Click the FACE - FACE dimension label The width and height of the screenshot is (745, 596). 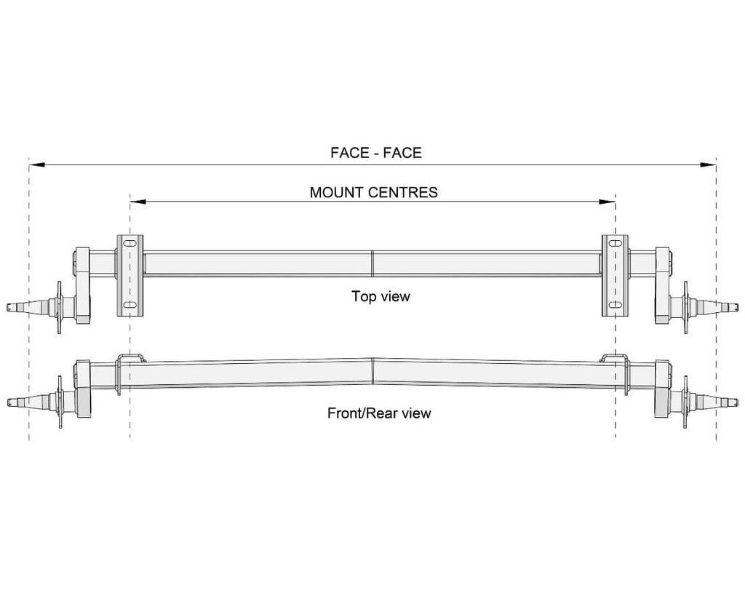coord(375,153)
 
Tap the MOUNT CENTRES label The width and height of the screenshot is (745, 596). coord(373,192)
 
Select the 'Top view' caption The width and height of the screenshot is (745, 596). coord(381,296)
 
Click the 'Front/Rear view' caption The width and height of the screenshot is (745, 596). coord(379,413)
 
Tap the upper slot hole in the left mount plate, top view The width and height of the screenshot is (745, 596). coord(130,243)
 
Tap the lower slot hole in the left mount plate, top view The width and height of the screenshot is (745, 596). coord(130,305)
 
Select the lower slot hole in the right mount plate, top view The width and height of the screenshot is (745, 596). coord(615,305)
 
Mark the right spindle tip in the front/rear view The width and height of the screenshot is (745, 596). coord(735,401)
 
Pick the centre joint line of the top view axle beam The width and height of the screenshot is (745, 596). coord(372,263)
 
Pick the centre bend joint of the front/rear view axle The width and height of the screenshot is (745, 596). coord(372,371)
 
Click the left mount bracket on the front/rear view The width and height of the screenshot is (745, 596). coord(130,357)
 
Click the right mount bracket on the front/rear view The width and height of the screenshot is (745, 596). coord(615,357)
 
